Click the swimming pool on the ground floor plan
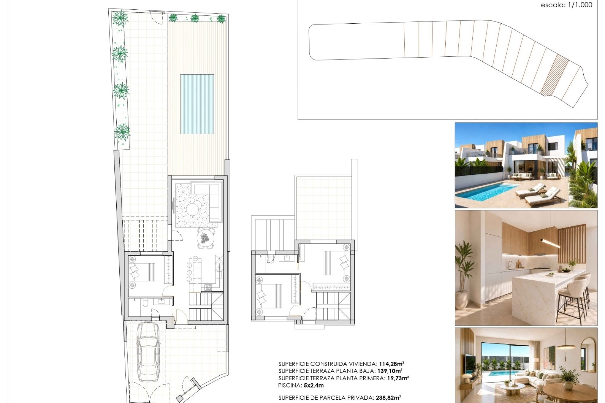(x=197, y=104)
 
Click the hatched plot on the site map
(x=554, y=75)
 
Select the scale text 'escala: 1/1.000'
(x=567, y=5)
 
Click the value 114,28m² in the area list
(x=392, y=364)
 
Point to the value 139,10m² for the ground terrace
(x=390, y=371)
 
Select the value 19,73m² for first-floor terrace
(x=398, y=378)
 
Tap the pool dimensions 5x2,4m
(x=314, y=385)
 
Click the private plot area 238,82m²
(x=388, y=398)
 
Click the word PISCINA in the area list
(x=290, y=385)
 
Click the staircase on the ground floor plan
(x=206, y=307)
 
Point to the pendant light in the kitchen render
(x=550, y=243)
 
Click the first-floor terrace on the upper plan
(x=324, y=208)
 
